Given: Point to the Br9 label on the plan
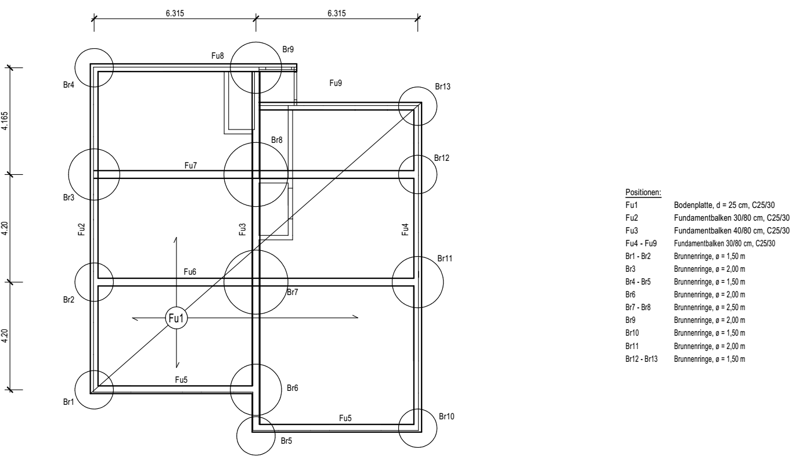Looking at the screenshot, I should pyautogui.click(x=288, y=50).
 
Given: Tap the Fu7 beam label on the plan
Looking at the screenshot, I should pyautogui.click(x=191, y=166).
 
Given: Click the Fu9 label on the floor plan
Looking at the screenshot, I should pyautogui.click(x=336, y=84).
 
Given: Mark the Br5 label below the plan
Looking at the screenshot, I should pyautogui.click(x=286, y=441).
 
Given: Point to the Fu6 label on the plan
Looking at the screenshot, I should pyautogui.click(x=190, y=272).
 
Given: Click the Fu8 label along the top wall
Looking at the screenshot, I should pyautogui.click(x=218, y=56).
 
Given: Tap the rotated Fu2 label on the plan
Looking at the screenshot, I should pyautogui.click(x=82, y=229).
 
